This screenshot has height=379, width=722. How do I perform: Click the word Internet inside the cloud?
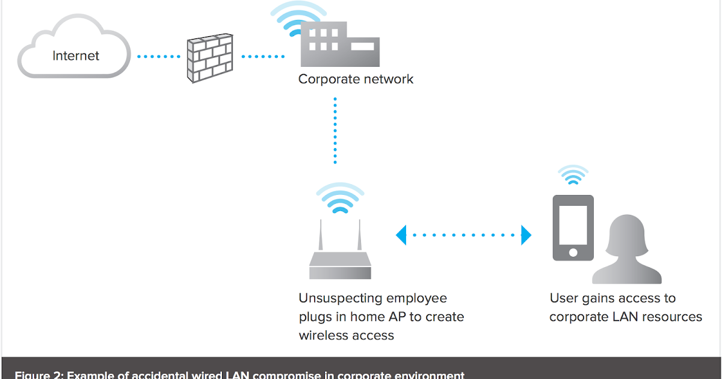(x=76, y=56)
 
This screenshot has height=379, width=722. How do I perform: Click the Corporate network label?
(x=356, y=79)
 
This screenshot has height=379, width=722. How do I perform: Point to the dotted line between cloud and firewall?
(x=159, y=57)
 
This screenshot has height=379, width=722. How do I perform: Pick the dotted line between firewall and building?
(x=263, y=57)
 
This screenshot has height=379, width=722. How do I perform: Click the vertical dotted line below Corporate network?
(x=335, y=131)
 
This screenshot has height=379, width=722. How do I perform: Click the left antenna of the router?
(x=321, y=236)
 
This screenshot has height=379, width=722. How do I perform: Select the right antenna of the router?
(x=359, y=236)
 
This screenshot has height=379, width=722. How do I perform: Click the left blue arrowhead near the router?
(x=401, y=235)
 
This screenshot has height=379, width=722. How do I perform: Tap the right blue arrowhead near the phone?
(x=526, y=235)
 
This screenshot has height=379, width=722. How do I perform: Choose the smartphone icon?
(x=573, y=227)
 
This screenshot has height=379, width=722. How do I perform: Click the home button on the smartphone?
(x=573, y=252)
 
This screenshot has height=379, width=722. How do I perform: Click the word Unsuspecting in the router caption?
(x=340, y=298)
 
